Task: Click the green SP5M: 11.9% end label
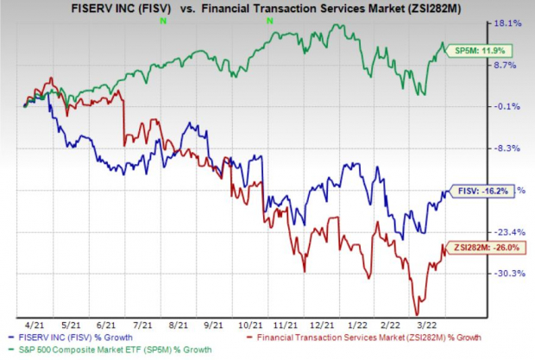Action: point(473,50)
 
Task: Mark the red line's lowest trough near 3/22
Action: point(419,314)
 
